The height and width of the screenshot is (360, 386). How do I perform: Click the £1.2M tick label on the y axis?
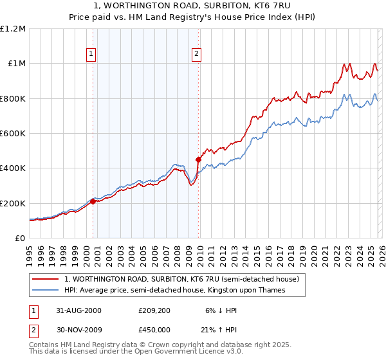point(14,28)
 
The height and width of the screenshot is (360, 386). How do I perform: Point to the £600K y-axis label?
point(14,133)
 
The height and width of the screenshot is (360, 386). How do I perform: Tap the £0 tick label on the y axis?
point(19,238)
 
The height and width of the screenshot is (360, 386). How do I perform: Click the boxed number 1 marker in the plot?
point(93,54)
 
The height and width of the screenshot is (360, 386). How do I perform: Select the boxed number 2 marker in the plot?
point(197,54)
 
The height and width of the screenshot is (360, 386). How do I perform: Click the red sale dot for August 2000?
point(93,201)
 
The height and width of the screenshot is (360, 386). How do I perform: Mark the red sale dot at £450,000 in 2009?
point(198,159)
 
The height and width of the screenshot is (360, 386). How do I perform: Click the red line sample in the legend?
point(46,280)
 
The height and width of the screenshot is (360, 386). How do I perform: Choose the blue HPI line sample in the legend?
point(46,291)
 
